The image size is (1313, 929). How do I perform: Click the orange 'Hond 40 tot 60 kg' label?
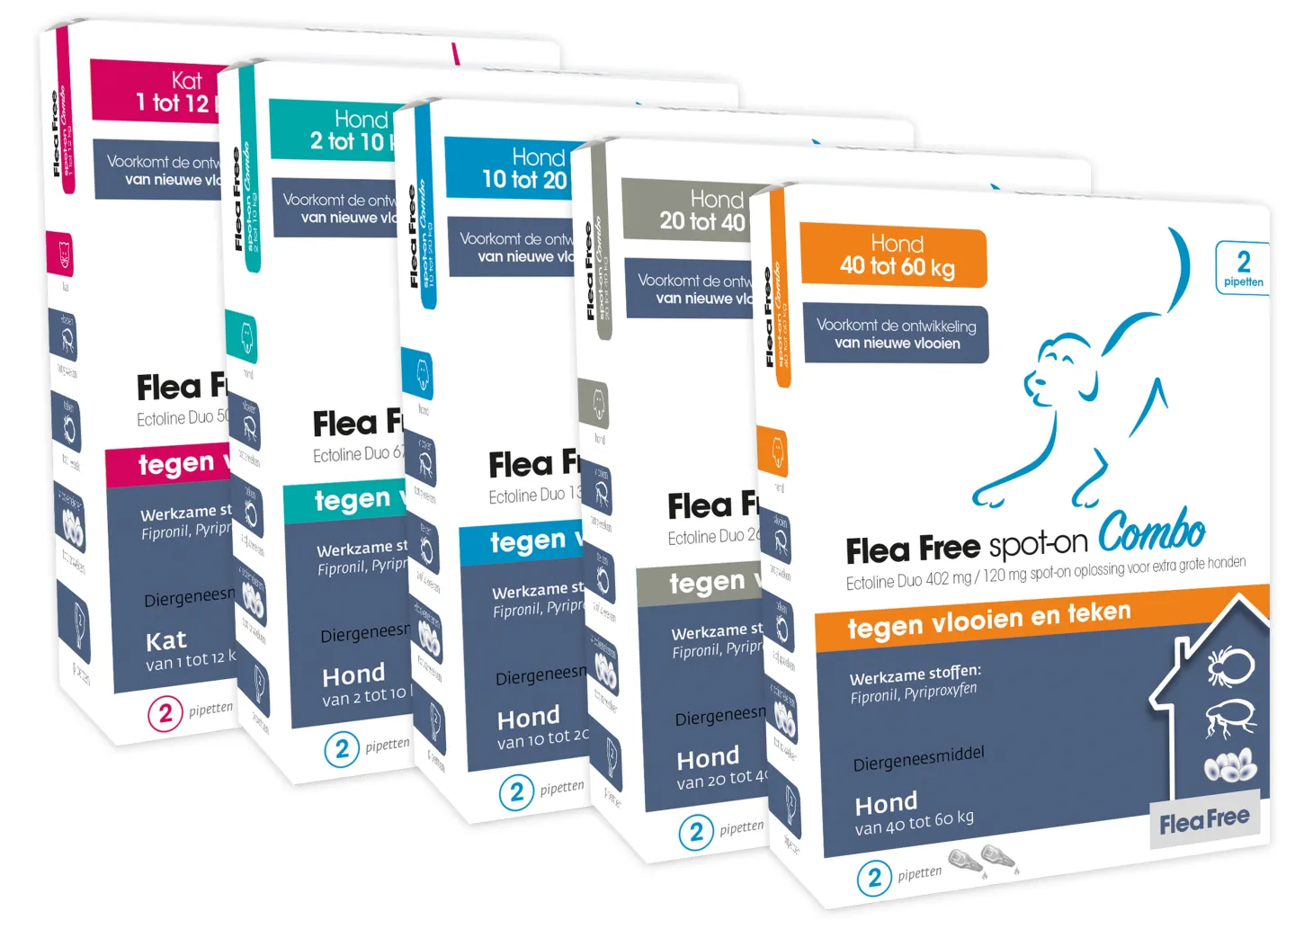tap(894, 257)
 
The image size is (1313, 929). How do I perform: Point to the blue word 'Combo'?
tap(1151, 531)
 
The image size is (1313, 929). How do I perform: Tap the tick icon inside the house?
tap(1228, 666)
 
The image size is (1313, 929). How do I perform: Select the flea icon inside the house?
tap(1228, 718)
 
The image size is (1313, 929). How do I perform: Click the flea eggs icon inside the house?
tap(1230, 766)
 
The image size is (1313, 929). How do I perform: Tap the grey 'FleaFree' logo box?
tap(1204, 820)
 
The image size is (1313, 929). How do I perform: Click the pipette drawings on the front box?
tap(983, 859)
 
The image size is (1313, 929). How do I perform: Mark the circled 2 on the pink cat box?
tap(165, 714)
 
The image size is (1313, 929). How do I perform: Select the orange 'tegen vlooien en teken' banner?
tap(989, 621)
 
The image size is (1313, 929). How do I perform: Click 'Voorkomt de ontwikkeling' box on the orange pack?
tap(896, 334)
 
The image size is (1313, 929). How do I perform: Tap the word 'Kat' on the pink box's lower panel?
tap(166, 641)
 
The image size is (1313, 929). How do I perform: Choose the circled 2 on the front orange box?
tap(874, 878)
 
